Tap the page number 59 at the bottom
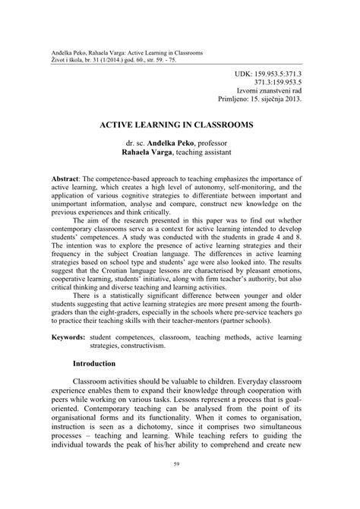(x=179, y=485)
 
